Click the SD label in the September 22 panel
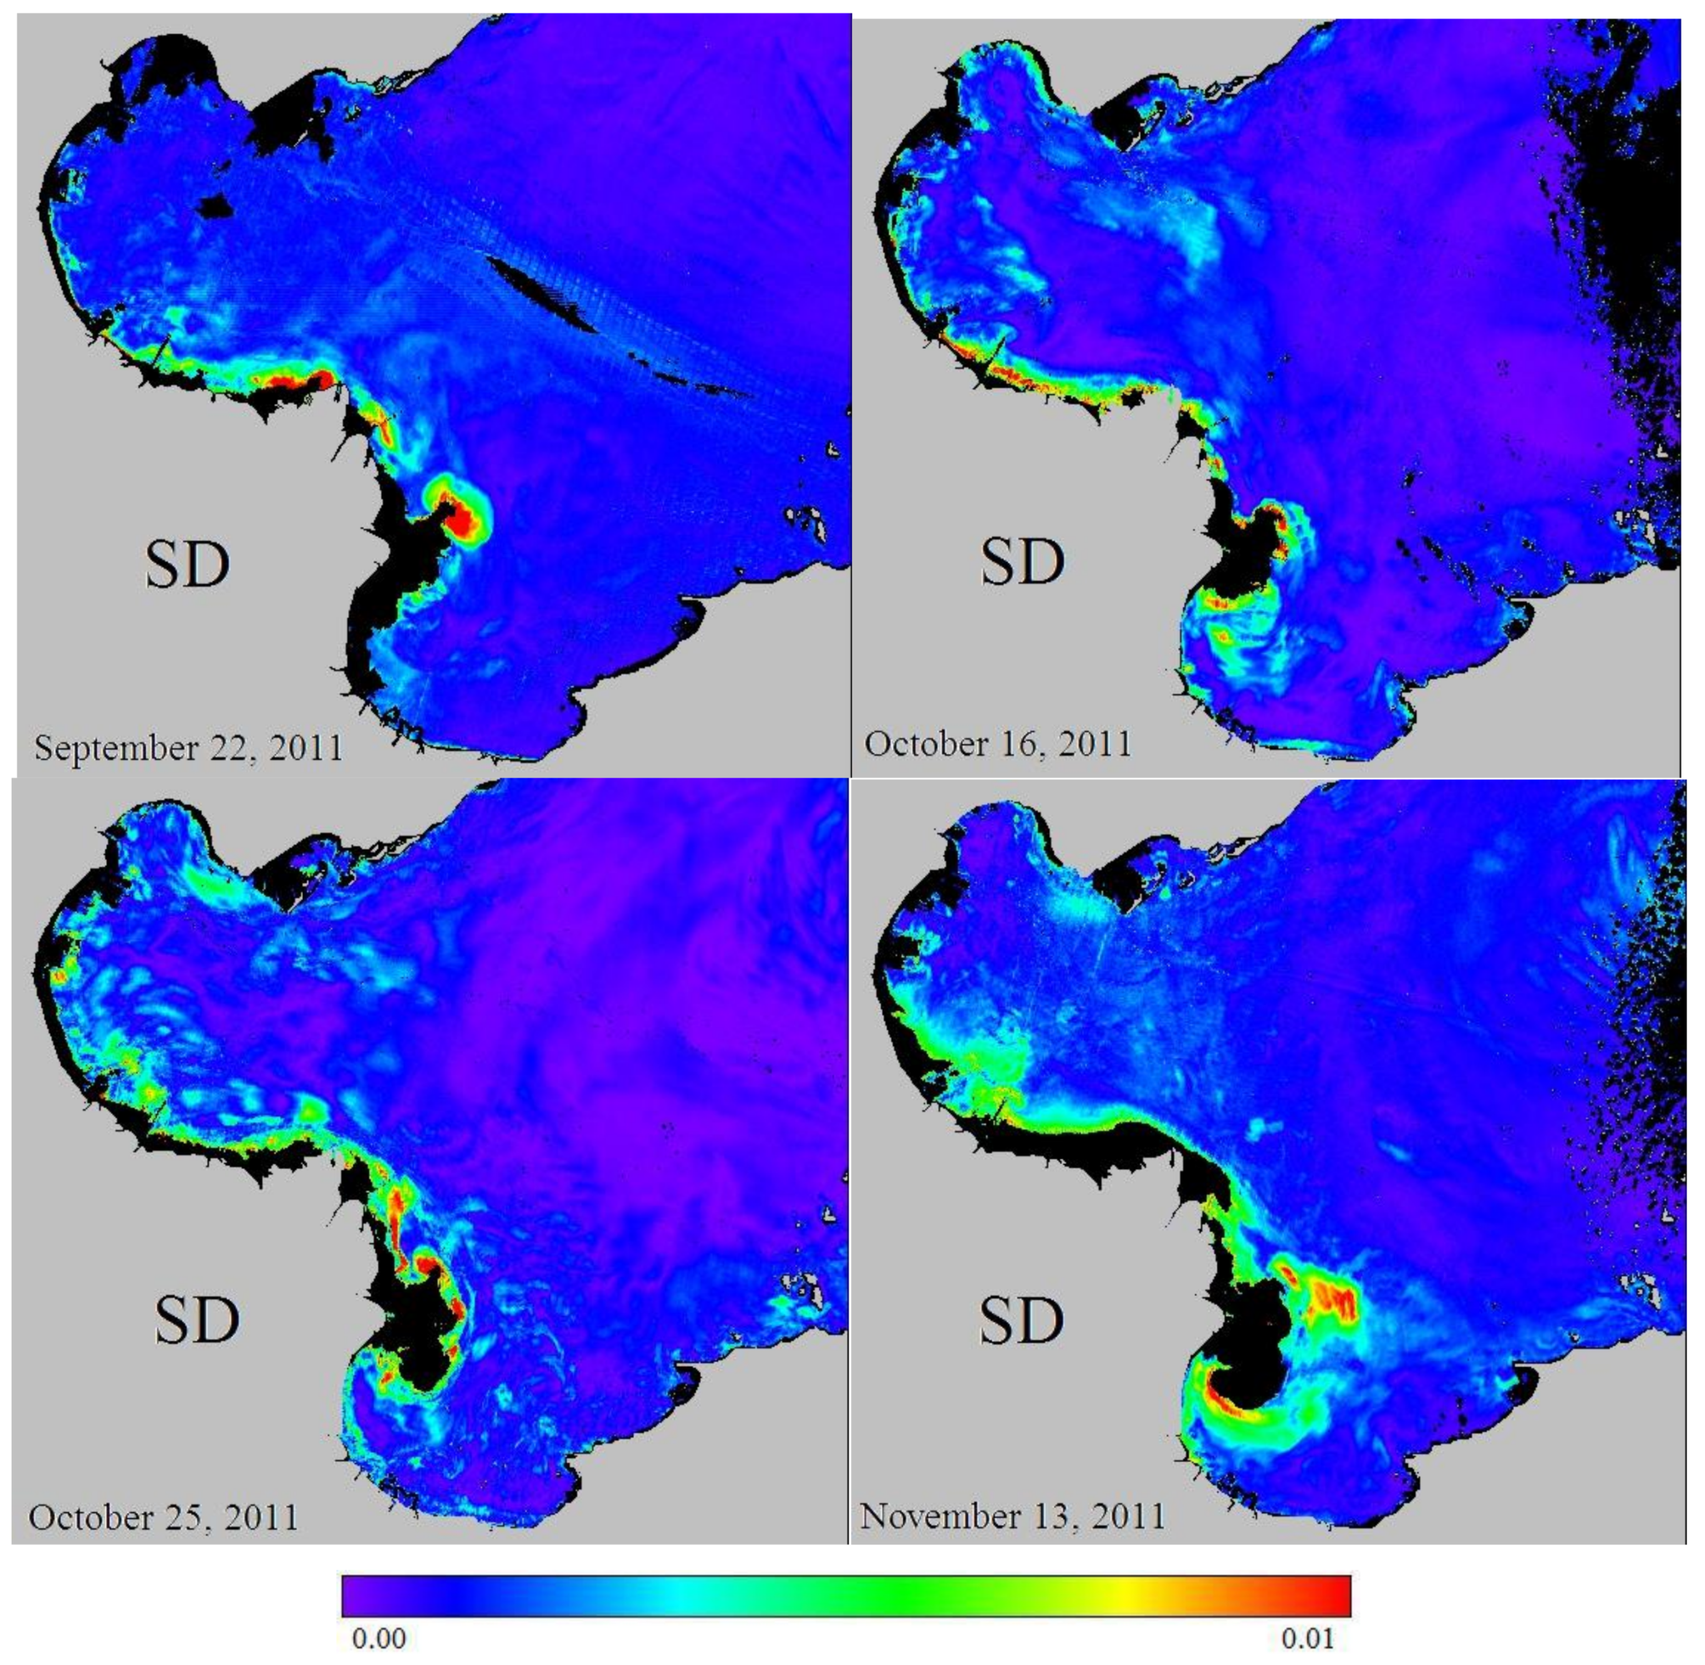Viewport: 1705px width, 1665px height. pyautogui.click(x=187, y=565)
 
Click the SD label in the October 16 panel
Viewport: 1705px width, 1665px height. pyautogui.click(x=1022, y=562)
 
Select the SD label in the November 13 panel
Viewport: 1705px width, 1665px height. pyautogui.click(x=1022, y=1321)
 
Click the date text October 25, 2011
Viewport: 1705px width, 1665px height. pyautogui.click(x=163, y=1517)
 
